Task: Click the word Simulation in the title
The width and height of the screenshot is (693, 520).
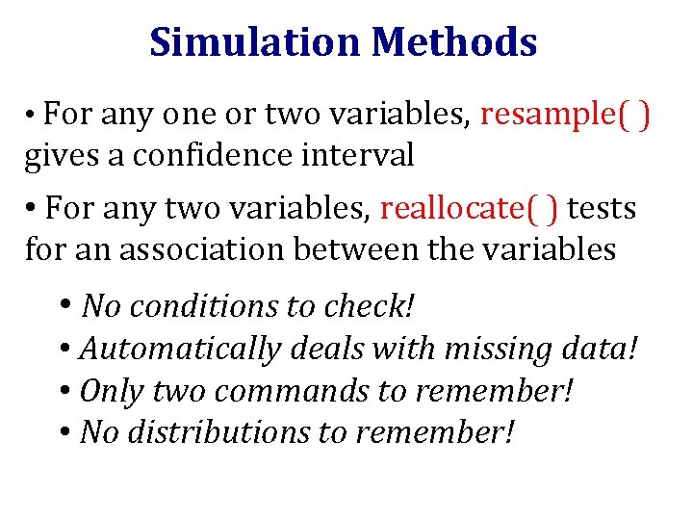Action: [255, 42]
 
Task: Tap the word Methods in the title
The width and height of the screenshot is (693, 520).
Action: [454, 42]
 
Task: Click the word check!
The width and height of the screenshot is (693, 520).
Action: [370, 306]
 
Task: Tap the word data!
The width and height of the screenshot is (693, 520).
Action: [597, 349]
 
